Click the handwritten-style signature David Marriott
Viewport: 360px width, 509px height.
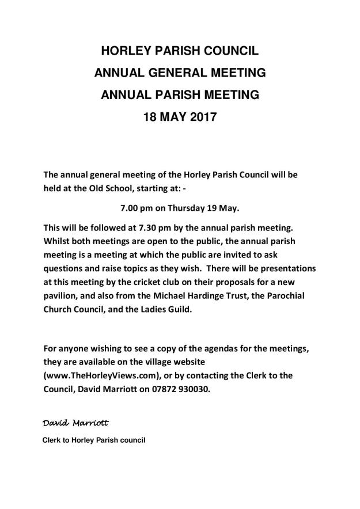(75, 423)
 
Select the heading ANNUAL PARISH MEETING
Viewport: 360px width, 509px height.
(180, 95)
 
